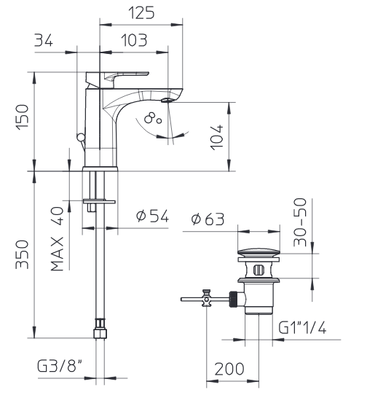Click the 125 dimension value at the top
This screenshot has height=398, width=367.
click(141, 13)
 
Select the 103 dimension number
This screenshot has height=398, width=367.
click(134, 40)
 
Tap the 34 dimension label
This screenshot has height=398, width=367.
click(44, 40)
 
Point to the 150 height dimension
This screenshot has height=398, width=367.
click(23, 117)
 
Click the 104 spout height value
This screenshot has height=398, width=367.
click(217, 137)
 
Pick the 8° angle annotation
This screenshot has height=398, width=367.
click(153, 118)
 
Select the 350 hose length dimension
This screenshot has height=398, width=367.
click(23, 254)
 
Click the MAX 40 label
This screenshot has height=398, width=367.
click(57, 238)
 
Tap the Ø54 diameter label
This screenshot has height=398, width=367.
click(152, 216)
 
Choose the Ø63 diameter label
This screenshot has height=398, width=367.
click(208, 219)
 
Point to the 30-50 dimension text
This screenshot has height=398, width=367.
click(300, 222)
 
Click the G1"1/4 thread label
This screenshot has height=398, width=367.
click(302, 327)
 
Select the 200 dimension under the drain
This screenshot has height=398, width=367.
click(229, 369)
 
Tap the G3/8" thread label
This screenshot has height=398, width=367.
click(60, 366)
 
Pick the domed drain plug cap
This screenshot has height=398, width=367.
click(259, 251)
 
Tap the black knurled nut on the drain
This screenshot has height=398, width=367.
click(233, 300)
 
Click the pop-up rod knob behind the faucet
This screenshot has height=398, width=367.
click(81, 137)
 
